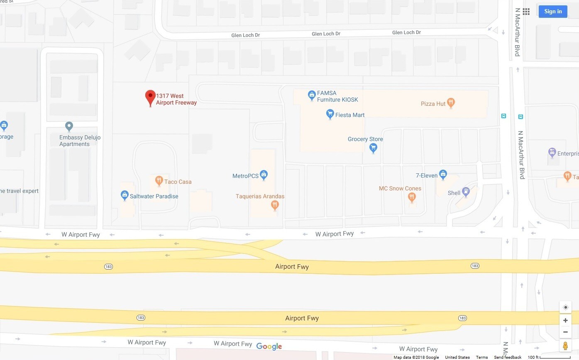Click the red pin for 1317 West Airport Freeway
(x=150, y=97)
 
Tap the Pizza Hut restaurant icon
(x=451, y=103)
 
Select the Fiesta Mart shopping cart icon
(x=330, y=114)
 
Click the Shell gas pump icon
(x=466, y=192)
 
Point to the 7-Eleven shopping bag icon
(x=443, y=175)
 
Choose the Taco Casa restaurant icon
(x=159, y=180)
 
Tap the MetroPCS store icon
(x=263, y=175)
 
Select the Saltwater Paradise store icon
(x=124, y=195)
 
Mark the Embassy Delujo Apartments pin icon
(x=69, y=126)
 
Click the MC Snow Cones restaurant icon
(x=411, y=197)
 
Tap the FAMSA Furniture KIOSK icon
(x=312, y=96)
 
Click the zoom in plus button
(x=565, y=321)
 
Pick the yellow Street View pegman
(x=565, y=345)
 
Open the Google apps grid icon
(x=526, y=12)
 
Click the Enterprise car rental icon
(x=552, y=153)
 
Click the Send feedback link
(x=508, y=358)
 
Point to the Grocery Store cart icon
(x=373, y=147)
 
